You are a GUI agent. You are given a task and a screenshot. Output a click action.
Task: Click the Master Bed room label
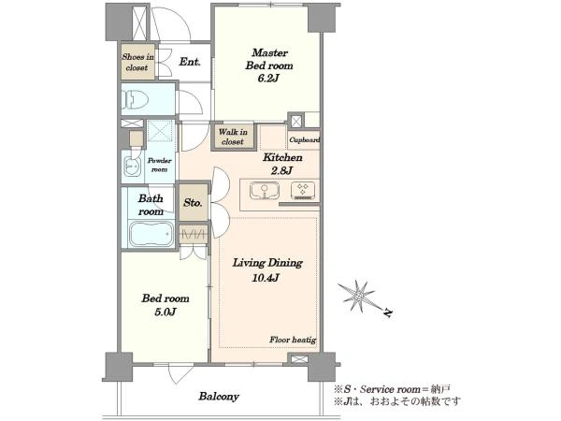pyautogui.click(x=269, y=59)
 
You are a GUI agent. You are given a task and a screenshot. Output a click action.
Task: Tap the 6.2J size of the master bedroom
pyautogui.click(x=268, y=79)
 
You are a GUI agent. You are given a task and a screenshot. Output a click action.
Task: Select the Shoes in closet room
pyautogui.click(x=137, y=62)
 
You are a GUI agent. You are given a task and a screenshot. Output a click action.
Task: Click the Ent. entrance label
pyautogui.click(x=190, y=62)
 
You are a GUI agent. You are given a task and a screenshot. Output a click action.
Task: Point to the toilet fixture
pyautogui.click(x=136, y=98)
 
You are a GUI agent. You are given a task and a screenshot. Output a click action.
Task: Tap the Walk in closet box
pyautogui.click(x=233, y=137)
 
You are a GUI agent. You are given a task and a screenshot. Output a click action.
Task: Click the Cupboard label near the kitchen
pyautogui.click(x=304, y=140)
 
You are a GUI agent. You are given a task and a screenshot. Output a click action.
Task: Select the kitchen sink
pyautogui.click(x=265, y=191)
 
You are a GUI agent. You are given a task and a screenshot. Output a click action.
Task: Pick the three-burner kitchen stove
pyautogui.click(x=303, y=191)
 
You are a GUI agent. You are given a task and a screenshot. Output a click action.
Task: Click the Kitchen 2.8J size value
pyautogui.click(x=282, y=171)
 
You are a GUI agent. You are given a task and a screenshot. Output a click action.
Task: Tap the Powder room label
pyautogui.click(x=159, y=165)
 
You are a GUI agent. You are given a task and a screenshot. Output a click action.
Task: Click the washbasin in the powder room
pyautogui.click(x=133, y=167)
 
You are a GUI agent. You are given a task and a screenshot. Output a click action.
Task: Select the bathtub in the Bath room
pyautogui.click(x=151, y=234)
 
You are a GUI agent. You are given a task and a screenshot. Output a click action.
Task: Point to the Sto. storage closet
pyautogui.click(x=194, y=202)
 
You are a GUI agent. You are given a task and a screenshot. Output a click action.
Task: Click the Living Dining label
pyautogui.click(x=267, y=263)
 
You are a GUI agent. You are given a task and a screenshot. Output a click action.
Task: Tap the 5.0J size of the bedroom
pyautogui.click(x=165, y=312)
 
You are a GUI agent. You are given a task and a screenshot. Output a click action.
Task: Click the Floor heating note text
pyautogui.click(x=293, y=340)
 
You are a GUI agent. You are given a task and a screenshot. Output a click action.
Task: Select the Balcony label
pyautogui.click(x=219, y=397)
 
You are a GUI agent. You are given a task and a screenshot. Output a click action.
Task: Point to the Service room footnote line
pyautogui.click(x=392, y=389)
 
